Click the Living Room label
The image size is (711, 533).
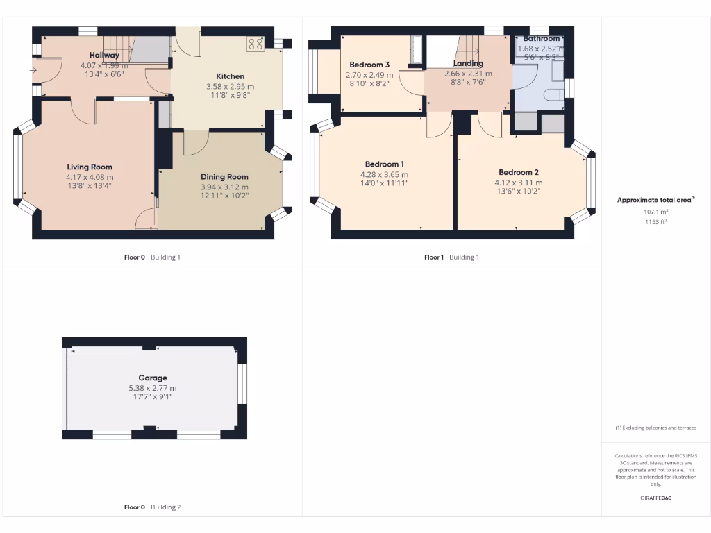(x=90, y=167)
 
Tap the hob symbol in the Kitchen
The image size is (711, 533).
(x=255, y=44)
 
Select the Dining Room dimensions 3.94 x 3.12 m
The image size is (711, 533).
(x=224, y=187)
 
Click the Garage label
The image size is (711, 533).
(x=152, y=378)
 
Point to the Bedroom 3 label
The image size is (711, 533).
(x=369, y=65)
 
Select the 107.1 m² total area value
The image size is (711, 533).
(x=655, y=212)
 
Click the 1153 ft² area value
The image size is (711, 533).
(x=655, y=221)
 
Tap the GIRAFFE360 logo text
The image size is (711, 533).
(x=655, y=498)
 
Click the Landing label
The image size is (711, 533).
(x=468, y=63)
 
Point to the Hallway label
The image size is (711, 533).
(x=104, y=55)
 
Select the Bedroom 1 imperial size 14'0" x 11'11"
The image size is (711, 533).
(x=384, y=184)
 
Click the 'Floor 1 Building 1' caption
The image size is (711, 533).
(x=451, y=257)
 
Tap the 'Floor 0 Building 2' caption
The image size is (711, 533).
(x=152, y=507)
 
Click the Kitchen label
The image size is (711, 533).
(x=230, y=76)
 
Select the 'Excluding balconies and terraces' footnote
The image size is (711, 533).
(x=655, y=428)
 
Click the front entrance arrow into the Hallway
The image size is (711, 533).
(x=33, y=70)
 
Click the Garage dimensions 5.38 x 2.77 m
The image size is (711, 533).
(x=152, y=388)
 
